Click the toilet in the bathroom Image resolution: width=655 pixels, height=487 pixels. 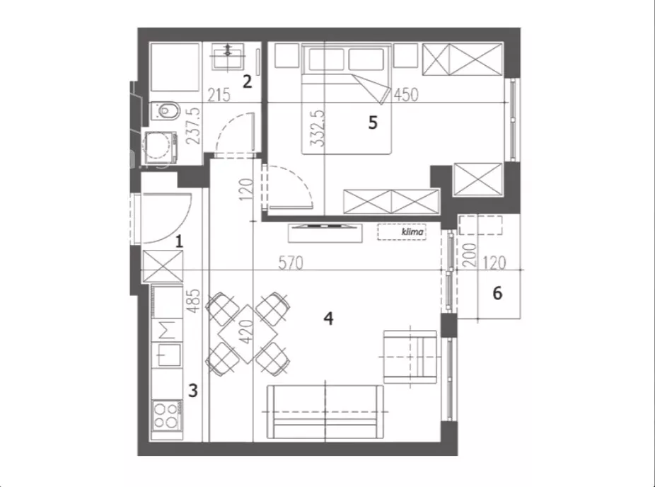(166, 111)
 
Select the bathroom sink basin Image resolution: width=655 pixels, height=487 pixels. (228, 57)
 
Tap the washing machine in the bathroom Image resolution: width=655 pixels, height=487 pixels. (161, 147)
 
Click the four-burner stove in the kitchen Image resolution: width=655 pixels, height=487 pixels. (167, 416)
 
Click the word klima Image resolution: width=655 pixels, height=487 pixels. (412, 231)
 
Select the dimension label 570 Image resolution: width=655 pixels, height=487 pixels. (291, 263)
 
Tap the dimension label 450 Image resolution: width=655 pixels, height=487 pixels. (406, 95)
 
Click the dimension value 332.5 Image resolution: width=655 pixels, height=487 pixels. (317, 128)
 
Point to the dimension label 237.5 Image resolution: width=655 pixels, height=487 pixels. (192, 125)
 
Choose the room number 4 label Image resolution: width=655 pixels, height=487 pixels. (329, 319)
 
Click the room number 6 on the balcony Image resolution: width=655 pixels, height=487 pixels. (497, 294)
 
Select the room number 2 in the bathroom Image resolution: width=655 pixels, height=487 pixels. (248, 81)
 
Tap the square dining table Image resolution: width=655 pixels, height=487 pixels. (248, 334)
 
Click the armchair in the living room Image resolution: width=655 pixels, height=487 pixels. (410, 357)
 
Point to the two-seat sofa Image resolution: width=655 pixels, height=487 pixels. (325, 412)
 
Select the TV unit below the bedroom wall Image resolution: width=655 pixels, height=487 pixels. (325, 233)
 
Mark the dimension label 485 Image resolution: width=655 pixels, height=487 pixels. (193, 302)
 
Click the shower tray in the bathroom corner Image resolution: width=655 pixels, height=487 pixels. (175, 67)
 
